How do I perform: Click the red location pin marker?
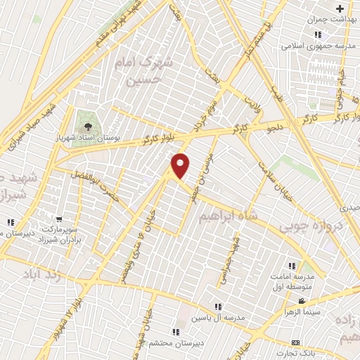181,165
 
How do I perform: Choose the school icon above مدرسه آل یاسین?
219,307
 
